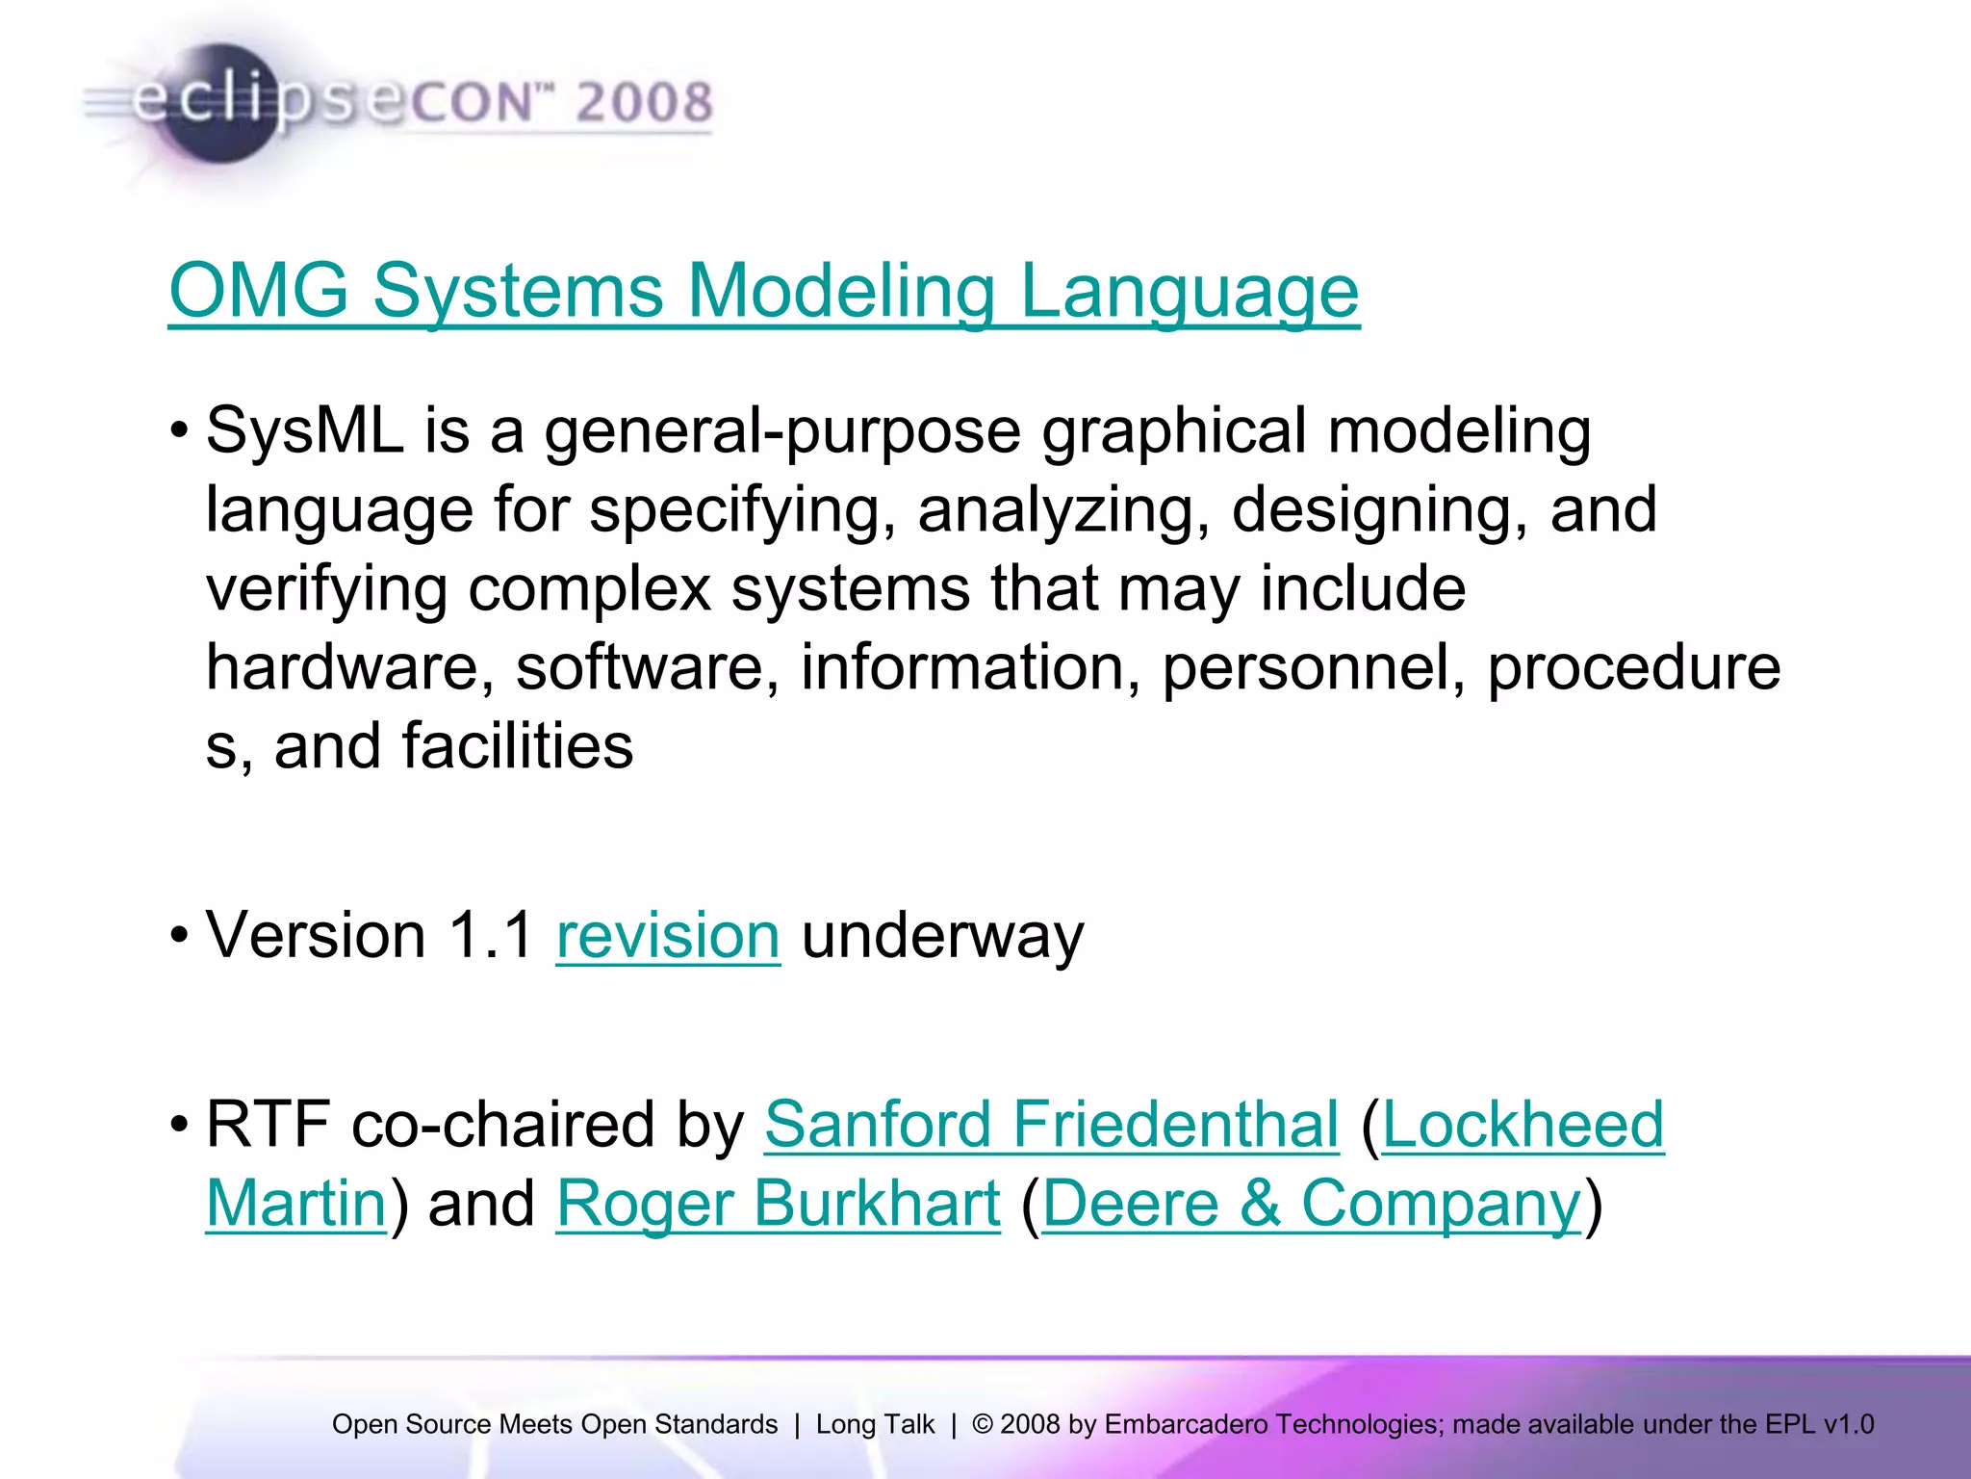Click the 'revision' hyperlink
point(668,935)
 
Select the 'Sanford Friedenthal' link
point(1051,1124)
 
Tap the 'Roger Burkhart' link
point(778,1204)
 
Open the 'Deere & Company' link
point(1311,1204)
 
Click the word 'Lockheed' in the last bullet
point(1523,1124)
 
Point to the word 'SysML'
point(304,430)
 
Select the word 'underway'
point(942,937)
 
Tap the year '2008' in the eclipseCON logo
point(644,102)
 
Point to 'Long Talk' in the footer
point(875,1424)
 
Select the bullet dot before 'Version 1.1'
point(179,935)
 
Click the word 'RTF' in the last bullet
point(269,1124)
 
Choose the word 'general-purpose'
point(781,430)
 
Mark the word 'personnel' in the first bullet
point(1314,667)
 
